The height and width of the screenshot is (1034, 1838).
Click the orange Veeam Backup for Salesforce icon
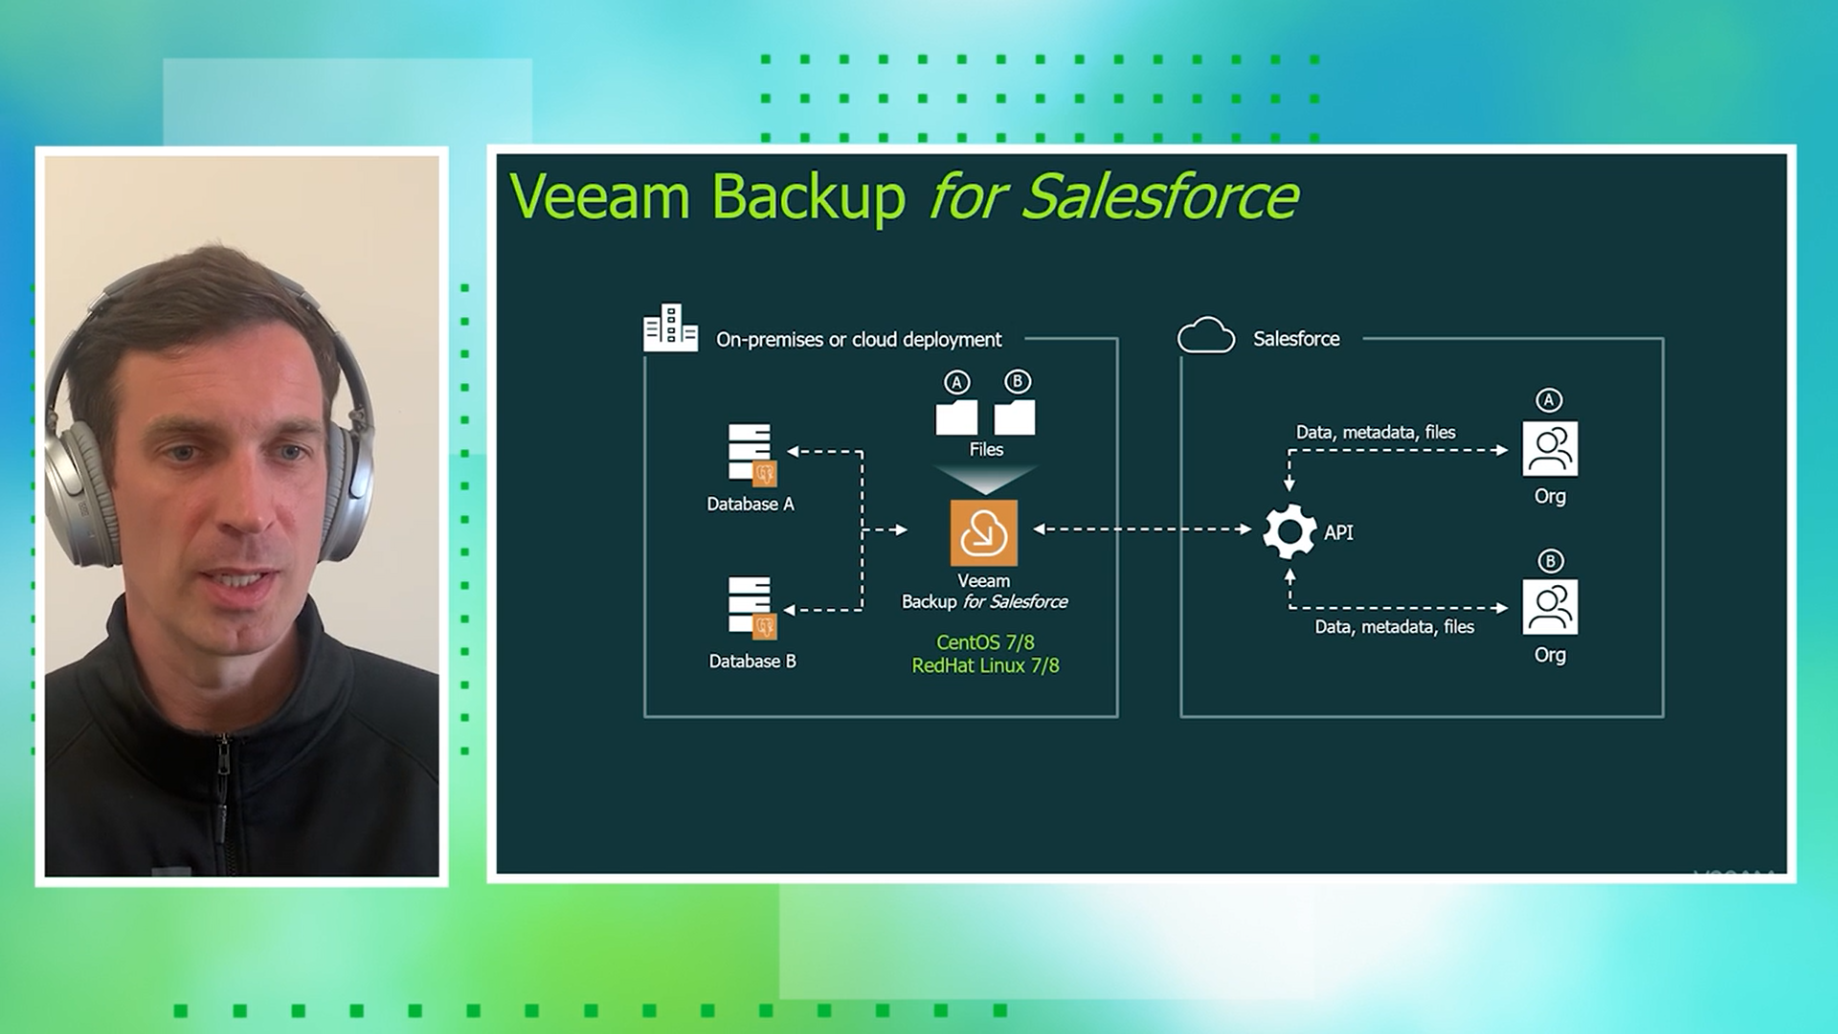coord(983,532)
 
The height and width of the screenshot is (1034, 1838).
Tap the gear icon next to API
coord(1289,531)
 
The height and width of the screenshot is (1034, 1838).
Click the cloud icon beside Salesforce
coord(1206,336)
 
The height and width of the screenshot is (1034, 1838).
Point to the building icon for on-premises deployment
coord(670,328)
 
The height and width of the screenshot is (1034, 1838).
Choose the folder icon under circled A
coord(956,417)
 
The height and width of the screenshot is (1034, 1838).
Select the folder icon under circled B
coord(1015,417)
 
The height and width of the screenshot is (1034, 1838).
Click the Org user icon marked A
coord(1550,449)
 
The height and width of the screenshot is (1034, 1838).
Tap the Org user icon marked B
coord(1550,607)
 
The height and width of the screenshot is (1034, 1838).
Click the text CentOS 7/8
coord(985,642)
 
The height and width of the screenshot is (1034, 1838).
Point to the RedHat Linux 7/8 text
coord(985,665)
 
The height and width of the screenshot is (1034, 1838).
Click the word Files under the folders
coord(986,449)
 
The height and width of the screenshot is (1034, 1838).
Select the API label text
coord(1338,532)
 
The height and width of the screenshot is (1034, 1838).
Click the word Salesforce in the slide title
coord(1160,197)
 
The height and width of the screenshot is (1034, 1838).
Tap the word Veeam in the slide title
coord(599,197)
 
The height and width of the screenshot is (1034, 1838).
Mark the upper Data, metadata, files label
coord(1376,433)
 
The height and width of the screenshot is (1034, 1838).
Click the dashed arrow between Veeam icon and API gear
coord(1143,528)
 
